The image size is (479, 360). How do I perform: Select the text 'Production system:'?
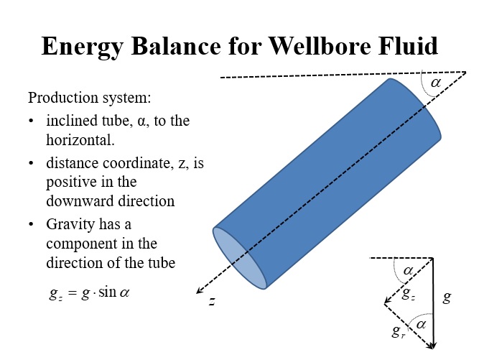(x=88, y=97)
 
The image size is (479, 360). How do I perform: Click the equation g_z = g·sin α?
(x=88, y=292)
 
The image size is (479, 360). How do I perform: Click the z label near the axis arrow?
(x=213, y=301)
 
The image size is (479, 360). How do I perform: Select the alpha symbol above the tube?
(x=435, y=83)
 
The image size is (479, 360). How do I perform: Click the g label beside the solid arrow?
(x=447, y=296)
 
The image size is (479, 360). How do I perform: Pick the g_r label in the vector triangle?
(x=397, y=331)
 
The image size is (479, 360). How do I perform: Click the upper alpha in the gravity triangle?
(x=408, y=270)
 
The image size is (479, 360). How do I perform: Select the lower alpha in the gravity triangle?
(x=422, y=324)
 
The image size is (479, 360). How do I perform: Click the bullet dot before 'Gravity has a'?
(x=32, y=225)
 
